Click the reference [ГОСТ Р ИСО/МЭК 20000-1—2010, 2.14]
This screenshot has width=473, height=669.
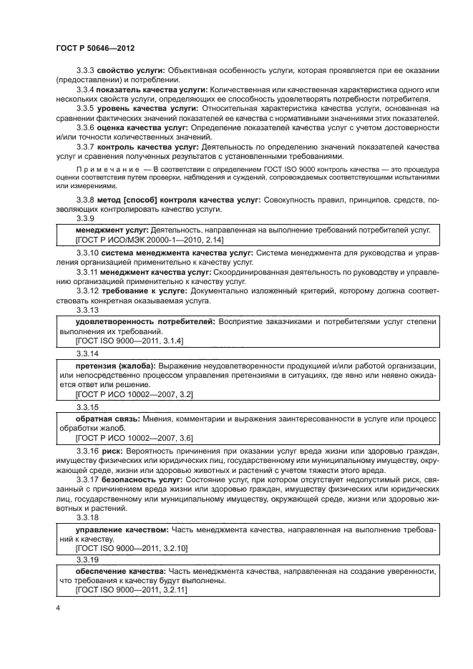pyautogui.click(x=150, y=241)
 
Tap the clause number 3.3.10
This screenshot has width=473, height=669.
pyautogui.click(x=87, y=253)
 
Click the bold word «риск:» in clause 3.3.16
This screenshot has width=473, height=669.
pyautogui.click(x=113, y=451)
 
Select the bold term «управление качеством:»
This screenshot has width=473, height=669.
pyautogui.click(x=122, y=529)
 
